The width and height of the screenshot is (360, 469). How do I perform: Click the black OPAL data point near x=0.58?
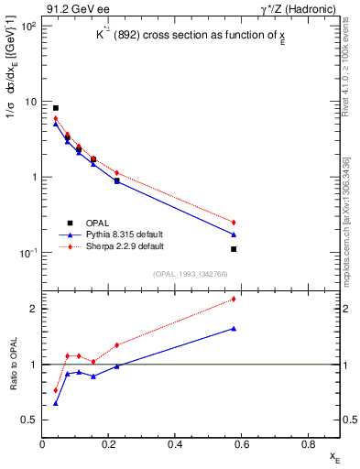[x=235, y=249]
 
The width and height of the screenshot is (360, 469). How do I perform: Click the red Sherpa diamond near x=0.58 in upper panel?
[x=235, y=222]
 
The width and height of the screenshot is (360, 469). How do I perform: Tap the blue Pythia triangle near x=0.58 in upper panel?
[x=235, y=234]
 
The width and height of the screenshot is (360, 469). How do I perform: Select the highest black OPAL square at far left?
[x=56, y=108]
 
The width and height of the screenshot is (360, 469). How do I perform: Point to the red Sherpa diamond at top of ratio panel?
[x=235, y=299]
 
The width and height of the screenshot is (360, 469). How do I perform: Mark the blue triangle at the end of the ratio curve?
[x=235, y=328]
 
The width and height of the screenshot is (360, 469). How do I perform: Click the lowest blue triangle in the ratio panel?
[x=56, y=403]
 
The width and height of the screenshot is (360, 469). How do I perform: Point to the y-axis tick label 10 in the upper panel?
[x=30, y=102]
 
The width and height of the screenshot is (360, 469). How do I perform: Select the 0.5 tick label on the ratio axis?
[x=29, y=420]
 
